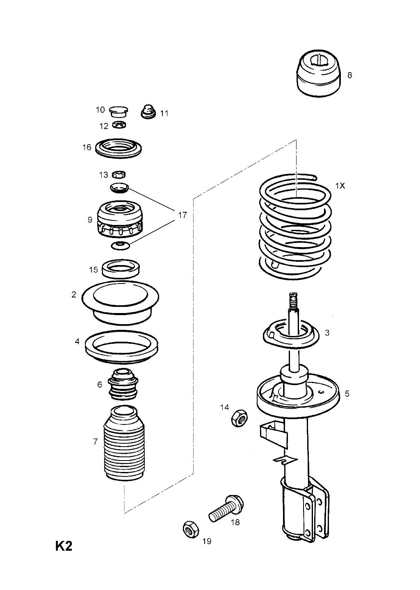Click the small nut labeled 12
pyautogui.click(x=119, y=125)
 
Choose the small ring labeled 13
pyautogui.click(x=119, y=175)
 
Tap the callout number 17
pyautogui.click(x=183, y=215)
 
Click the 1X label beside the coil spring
pyautogui.click(x=340, y=186)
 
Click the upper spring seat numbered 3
pyautogui.click(x=291, y=334)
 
